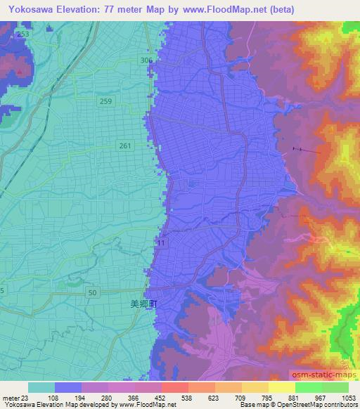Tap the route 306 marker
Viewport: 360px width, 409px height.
tap(146, 61)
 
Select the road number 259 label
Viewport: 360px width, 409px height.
tap(105, 101)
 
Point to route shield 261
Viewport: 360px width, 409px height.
tap(124, 145)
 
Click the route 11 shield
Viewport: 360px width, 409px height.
tap(162, 242)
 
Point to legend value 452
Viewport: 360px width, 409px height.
tap(161, 397)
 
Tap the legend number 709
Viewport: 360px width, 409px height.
tap(240, 397)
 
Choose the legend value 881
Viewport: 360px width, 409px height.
tap(293, 397)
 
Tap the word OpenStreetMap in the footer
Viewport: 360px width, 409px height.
tap(307, 405)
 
